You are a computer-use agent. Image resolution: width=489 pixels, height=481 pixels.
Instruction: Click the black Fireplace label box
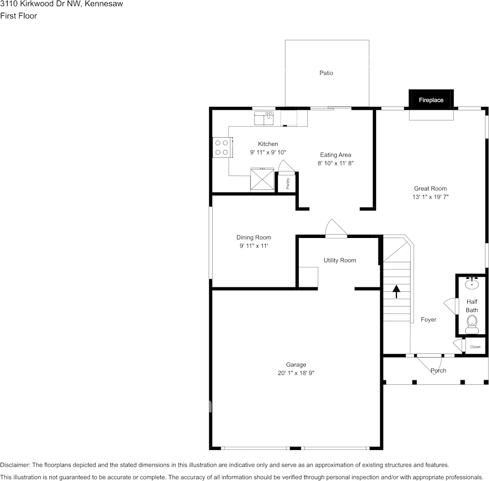[431, 100]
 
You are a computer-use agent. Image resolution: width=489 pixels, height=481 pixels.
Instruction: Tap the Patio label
[326, 73]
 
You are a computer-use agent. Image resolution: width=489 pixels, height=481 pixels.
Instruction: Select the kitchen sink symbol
[264, 119]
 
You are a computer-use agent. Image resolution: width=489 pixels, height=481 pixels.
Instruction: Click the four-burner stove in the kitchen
[221, 147]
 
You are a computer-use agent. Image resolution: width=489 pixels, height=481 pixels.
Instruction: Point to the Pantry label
[287, 184]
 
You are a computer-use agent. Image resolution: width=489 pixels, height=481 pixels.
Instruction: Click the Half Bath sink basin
[472, 284]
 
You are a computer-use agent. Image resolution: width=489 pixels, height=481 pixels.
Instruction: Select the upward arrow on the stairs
[396, 291]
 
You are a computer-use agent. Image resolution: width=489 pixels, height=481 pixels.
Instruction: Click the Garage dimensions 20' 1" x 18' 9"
[296, 373]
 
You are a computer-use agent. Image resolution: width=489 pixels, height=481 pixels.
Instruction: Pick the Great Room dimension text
[430, 197]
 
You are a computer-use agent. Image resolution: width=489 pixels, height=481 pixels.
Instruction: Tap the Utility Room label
[340, 260]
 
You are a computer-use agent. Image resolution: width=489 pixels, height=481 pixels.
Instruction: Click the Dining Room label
[253, 237]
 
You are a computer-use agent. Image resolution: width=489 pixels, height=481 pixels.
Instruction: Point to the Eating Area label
[335, 155]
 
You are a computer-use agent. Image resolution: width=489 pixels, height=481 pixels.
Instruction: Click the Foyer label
[428, 320]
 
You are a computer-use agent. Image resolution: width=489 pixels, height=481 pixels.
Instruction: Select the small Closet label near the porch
[475, 347]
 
